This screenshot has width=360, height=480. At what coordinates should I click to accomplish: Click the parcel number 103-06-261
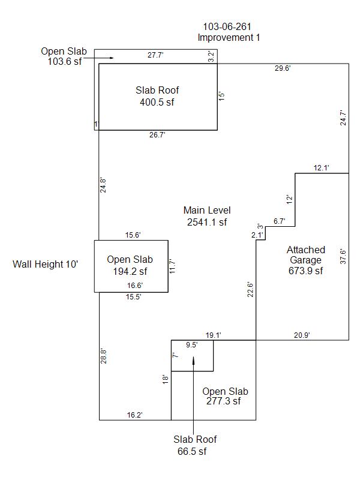click(227, 26)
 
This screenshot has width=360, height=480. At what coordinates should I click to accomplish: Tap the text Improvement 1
click(229, 37)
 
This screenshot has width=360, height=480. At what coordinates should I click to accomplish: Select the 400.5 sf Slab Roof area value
click(157, 102)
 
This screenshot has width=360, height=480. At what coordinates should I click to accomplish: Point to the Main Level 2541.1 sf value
click(207, 222)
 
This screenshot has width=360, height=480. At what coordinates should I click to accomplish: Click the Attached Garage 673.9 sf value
click(305, 271)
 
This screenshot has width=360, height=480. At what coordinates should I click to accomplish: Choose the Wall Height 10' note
click(46, 264)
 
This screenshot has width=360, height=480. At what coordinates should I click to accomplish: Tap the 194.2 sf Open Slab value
click(130, 271)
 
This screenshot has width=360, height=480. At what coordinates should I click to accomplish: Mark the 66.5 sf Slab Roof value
click(195, 451)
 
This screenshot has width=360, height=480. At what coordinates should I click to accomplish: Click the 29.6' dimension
click(283, 68)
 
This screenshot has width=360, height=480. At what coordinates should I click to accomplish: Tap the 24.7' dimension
click(343, 117)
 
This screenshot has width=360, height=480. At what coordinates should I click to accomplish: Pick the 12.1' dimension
click(322, 168)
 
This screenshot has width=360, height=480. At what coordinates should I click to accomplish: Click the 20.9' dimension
click(302, 335)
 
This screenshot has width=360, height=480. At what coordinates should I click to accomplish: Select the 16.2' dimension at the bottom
click(134, 415)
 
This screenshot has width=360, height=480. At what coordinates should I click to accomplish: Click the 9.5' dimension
click(191, 345)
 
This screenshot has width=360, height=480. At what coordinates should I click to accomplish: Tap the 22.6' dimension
click(250, 289)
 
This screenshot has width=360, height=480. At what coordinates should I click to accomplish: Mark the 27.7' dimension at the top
click(155, 55)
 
